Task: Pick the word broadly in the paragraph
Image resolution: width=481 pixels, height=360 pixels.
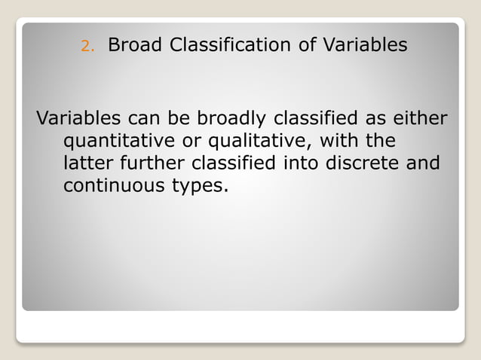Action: point(228,119)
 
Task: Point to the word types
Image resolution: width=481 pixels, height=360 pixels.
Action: point(201,186)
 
